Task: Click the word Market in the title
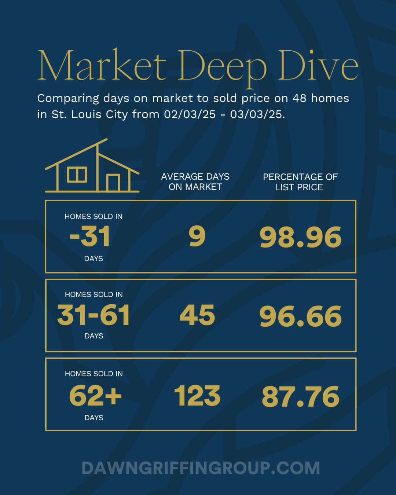102,66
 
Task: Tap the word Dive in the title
318,66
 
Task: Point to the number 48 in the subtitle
299,98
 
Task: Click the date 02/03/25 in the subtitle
190,114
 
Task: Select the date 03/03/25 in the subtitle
257,114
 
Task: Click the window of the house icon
77,175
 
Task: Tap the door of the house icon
113,182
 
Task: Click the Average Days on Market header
195,182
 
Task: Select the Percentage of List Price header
300,182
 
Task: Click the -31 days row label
90,236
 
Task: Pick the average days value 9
197,236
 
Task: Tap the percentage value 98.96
300,237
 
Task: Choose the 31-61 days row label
93,315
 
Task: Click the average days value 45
197,315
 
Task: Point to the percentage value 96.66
300,316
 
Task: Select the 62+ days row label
95,396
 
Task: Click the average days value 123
197,396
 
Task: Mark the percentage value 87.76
301,397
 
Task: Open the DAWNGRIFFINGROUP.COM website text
201,468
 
